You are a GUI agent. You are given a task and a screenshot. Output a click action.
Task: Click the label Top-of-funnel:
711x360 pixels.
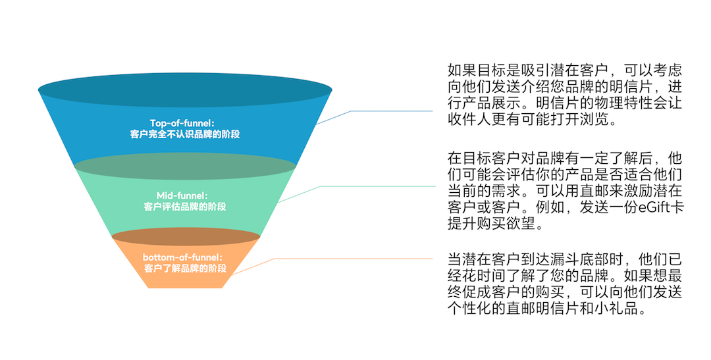(x=182, y=123)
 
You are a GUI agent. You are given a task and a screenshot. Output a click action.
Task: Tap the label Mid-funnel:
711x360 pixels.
(x=182, y=195)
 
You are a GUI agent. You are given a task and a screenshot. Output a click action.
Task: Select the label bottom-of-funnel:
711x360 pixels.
(x=182, y=257)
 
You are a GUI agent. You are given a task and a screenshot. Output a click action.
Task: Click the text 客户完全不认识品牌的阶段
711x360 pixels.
(x=185, y=135)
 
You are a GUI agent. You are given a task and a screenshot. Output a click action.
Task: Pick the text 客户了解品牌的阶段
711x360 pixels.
(x=185, y=268)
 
